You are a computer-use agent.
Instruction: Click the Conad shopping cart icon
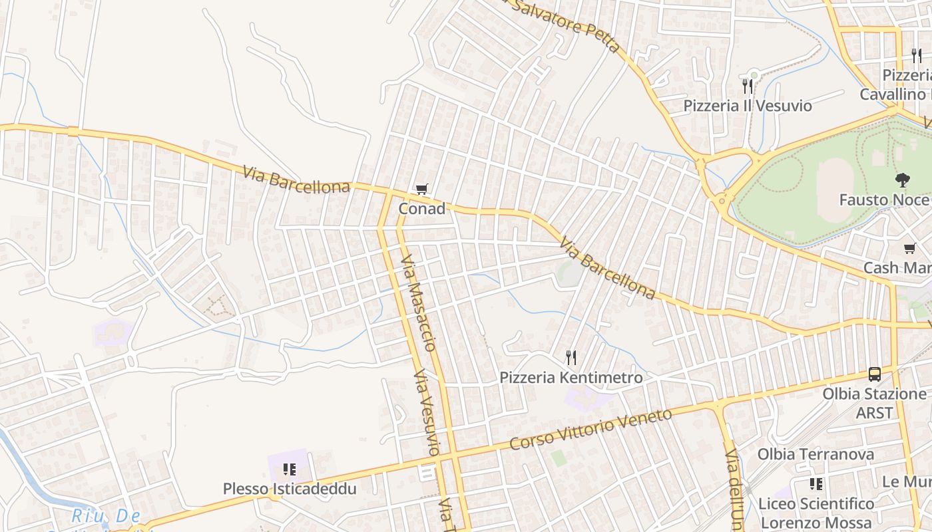point(421,190)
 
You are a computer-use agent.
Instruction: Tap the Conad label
point(422,209)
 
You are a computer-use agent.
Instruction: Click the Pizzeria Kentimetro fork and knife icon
point(571,358)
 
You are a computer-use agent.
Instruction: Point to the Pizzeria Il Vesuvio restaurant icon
point(748,86)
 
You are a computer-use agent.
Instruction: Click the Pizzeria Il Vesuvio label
point(748,106)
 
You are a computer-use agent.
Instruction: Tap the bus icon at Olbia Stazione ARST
point(874,374)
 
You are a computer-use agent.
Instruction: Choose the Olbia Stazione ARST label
point(874,403)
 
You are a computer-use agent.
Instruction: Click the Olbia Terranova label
point(815,454)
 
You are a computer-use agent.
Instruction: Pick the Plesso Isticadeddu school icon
point(290,469)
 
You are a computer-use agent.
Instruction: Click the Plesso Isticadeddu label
point(290,489)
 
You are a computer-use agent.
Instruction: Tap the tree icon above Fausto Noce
point(903,180)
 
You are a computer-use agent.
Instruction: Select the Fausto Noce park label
point(883,200)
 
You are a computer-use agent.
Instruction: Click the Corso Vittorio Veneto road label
point(590,429)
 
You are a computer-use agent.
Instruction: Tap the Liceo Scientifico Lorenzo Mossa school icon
point(816,484)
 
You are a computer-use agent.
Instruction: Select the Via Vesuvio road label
point(427,412)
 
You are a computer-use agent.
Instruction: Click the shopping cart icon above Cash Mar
point(910,249)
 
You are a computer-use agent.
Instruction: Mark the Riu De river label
point(107,516)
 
